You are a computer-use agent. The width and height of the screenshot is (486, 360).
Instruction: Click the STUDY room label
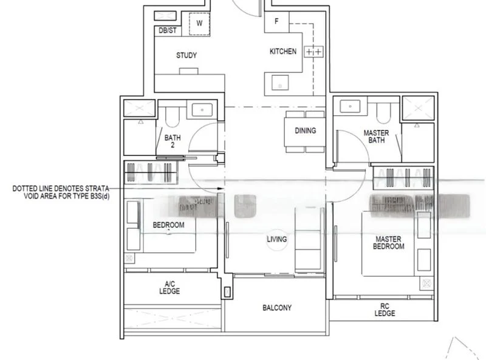(187, 55)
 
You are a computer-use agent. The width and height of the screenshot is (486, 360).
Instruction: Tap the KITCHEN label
(283, 52)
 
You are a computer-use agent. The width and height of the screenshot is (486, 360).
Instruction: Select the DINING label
(305, 131)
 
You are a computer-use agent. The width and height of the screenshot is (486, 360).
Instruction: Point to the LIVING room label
(276, 239)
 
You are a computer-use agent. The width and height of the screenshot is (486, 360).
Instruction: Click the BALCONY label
(276, 308)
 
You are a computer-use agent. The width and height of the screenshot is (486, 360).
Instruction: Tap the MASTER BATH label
(376, 137)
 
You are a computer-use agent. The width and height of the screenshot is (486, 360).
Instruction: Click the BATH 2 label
(173, 141)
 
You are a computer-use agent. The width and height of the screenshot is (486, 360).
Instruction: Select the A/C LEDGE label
(171, 287)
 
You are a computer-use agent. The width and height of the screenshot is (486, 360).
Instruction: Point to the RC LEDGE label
(385, 310)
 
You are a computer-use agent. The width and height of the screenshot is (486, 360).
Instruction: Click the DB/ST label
(167, 30)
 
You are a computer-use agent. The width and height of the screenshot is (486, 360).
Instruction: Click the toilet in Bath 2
(170, 115)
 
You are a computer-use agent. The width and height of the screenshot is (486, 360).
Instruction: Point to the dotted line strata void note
(61, 192)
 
